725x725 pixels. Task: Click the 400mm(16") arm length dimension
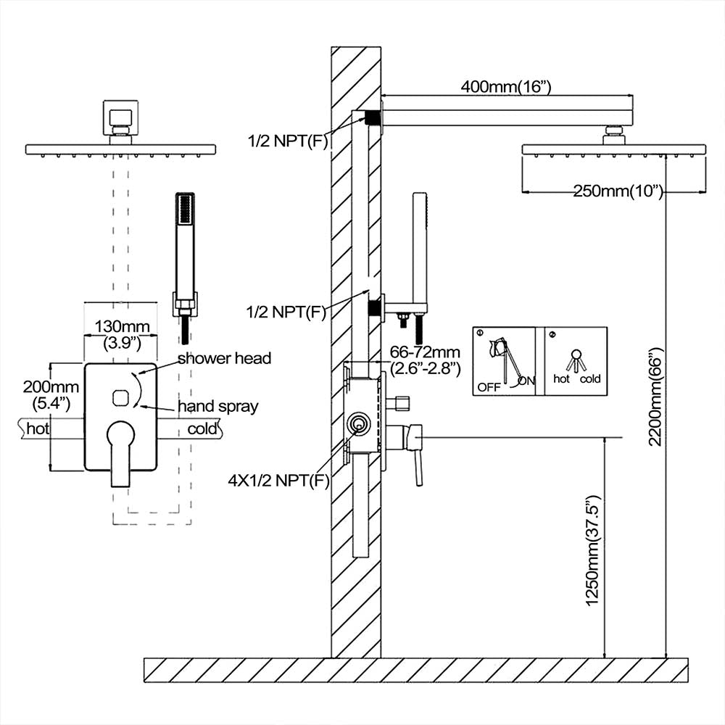pyautogui.click(x=506, y=87)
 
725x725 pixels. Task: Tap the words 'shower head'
pyautogui.click(x=224, y=358)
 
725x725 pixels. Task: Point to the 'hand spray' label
pyautogui.click(x=217, y=406)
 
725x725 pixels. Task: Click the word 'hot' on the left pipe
pyautogui.click(x=38, y=428)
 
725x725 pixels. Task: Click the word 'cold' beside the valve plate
pyautogui.click(x=202, y=428)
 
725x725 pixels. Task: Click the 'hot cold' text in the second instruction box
pyautogui.click(x=576, y=378)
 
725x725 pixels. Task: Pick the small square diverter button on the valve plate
pyautogui.click(x=121, y=397)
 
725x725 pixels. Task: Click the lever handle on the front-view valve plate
pyautogui.click(x=120, y=453)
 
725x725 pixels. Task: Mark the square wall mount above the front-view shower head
pyautogui.click(x=120, y=117)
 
